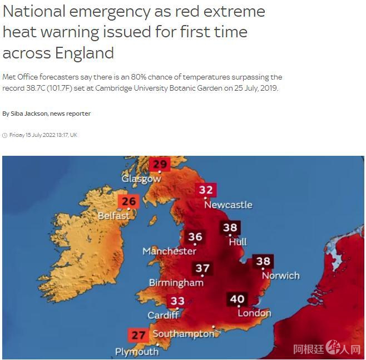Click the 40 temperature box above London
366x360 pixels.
click(237, 299)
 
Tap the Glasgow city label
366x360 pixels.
click(141, 179)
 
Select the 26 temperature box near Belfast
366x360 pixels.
click(128, 201)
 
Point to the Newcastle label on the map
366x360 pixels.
click(228, 205)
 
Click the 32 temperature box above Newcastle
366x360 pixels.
click(206, 190)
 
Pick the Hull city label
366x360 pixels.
click(238, 241)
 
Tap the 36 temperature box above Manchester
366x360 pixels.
click(195, 236)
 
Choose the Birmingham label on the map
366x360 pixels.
click(176, 283)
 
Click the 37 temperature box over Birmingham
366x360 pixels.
click(202, 269)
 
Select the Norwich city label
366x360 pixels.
click(280, 275)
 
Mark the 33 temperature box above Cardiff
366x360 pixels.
click(177, 302)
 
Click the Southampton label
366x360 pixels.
click(183, 334)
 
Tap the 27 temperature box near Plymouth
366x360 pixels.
click(138, 336)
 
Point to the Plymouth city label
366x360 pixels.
click(136, 352)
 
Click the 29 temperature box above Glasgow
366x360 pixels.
click(160, 164)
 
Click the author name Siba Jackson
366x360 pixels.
click(28, 114)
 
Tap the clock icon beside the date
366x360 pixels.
click(5, 135)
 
